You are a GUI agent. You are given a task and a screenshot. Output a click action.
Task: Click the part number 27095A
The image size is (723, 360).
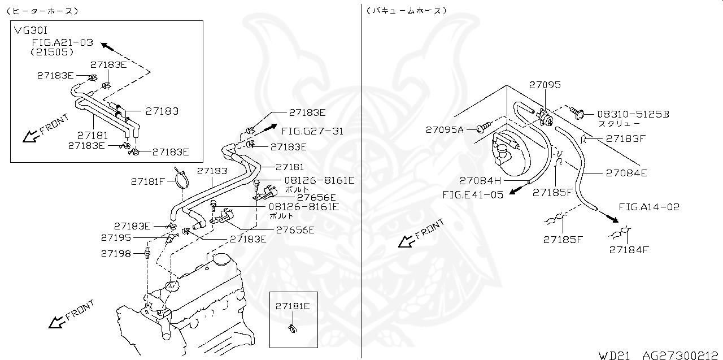(444, 129)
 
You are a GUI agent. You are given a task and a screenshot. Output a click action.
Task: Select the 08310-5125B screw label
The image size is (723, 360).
(625, 114)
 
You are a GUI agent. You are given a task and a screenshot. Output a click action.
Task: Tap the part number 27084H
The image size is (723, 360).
(480, 181)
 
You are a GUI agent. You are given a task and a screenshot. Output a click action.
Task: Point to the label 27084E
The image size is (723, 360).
(626, 173)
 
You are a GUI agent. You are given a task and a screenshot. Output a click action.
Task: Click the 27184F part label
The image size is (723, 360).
(629, 249)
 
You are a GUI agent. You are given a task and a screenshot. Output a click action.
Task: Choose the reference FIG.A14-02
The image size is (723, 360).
(649, 207)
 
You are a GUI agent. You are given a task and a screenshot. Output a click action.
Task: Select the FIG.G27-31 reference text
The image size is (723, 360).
(312, 131)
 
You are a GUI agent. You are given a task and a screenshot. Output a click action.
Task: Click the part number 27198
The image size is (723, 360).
(116, 254)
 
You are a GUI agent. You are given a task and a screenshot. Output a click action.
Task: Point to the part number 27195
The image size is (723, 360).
(116, 238)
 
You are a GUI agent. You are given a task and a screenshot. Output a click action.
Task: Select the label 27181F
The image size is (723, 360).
(147, 181)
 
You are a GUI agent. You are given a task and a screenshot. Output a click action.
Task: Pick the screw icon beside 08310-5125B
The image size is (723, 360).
(576, 113)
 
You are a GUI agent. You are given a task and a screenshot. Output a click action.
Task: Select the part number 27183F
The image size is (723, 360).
(626, 138)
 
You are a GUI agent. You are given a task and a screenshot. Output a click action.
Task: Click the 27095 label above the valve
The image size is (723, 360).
(545, 85)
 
